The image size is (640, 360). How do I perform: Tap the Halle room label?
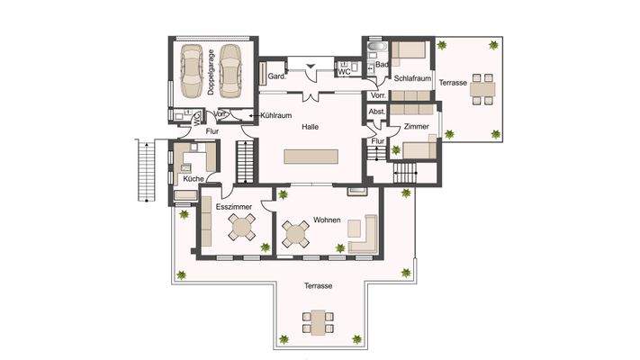[x=311, y=127]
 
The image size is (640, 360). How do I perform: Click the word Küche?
[x=193, y=179]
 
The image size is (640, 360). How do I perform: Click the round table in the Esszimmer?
[x=241, y=230]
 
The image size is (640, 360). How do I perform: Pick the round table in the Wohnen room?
[x=297, y=236]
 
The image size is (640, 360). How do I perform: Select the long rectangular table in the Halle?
[x=311, y=157]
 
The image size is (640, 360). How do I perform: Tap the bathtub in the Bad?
[x=375, y=47]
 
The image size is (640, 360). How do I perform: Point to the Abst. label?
[x=377, y=112]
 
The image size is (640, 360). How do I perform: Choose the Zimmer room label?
[x=415, y=127]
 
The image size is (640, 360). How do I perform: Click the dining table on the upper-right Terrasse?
[x=482, y=88]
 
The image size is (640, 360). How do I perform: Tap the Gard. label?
[x=277, y=76]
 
